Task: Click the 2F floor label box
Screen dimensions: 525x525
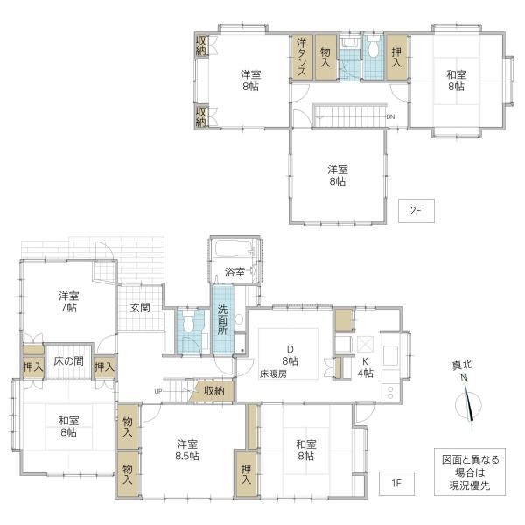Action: click(x=416, y=211)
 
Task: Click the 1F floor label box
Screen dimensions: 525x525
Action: click(x=396, y=484)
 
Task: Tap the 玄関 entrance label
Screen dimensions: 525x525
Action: click(x=140, y=308)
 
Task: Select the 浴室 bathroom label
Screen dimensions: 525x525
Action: click(x=234, y=272)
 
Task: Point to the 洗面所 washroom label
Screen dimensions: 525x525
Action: click(x=222, y=320)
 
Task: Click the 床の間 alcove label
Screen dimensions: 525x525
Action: click(x=68, y=360)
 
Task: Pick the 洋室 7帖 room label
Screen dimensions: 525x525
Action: click(x=68, y=302)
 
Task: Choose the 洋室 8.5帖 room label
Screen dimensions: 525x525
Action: click(x=187, y=451)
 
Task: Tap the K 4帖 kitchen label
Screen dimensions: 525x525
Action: click(x=365, y=367)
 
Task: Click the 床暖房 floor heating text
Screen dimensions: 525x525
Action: click(x=273, y=374)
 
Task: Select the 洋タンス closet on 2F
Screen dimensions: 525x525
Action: click(x=301, y=57)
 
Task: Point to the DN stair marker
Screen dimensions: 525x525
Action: click(x=390, y=117)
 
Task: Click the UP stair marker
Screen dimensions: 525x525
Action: click(x=158, y=391)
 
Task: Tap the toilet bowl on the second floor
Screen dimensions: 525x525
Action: click(x=373, y=47)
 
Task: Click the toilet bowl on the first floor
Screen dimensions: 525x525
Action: click(x=188, y=323)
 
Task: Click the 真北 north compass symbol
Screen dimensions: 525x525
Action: click(x=469, y=403)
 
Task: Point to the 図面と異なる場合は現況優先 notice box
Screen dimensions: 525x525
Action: click(x=470, y=472)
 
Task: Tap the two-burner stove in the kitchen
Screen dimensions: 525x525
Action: click(x=390, y=392)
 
